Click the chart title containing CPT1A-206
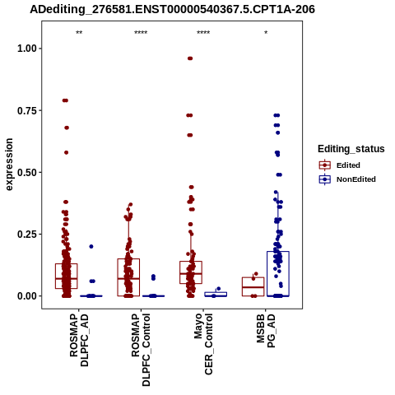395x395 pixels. [x=172, y=10]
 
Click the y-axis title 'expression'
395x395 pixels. [x=9, y=165]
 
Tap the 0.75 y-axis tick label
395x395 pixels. [x=27, y=110]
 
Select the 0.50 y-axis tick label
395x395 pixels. [x=27, y=173]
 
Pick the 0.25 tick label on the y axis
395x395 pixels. [x=27, y=235]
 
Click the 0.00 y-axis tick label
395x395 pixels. [x=27, y=296]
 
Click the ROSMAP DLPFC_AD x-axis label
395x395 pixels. [x=79, y=340]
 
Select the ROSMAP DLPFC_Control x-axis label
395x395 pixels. [x=141, y=350]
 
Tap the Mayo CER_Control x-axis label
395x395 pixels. [x=203, y=344]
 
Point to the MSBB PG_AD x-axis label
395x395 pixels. [x=266, y=331]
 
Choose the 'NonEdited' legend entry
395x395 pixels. [x=347, y=179]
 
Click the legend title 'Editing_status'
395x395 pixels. [x=351, y=149]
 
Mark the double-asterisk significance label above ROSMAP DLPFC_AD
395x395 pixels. [x=79, y=33]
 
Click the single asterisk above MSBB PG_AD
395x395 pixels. [x=266, y=33]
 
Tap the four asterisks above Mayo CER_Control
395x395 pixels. [x=203, y=33]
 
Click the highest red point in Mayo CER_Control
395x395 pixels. [x=190, y=58]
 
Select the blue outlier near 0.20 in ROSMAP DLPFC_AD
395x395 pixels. [x=91, y=247]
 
